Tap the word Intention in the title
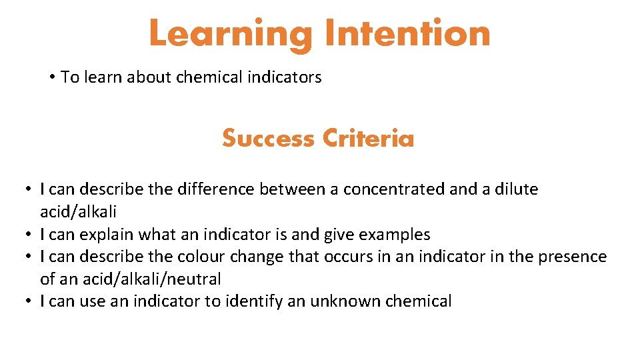pos(408,33)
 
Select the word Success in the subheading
pos(268,139)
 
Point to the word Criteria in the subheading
pos(368,139)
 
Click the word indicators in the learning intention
pos(285,77)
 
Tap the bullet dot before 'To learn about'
pos(51,77)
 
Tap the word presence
pos(572,257)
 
